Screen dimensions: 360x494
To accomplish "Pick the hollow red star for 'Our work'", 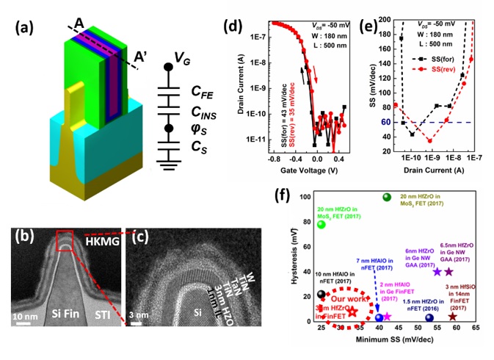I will pos(352,311).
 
